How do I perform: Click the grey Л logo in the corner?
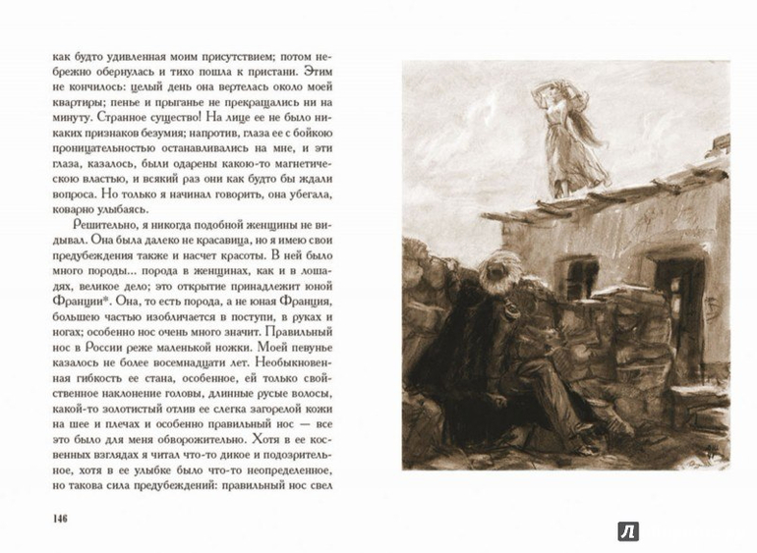pyautogui.click(x=628, y=531)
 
